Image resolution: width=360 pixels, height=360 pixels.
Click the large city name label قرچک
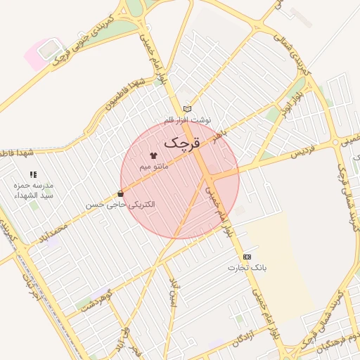pos(182,142)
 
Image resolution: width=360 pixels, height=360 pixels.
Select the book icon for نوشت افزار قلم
pos(186,109)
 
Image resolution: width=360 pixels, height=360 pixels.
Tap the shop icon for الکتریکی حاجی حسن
pos(121,193)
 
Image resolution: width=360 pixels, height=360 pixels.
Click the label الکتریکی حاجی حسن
pos(120,205)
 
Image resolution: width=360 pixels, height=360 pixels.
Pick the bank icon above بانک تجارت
pos(247,257)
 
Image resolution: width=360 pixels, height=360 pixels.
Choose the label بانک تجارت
pos(247,268)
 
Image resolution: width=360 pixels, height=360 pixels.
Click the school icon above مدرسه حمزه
pos(33,174)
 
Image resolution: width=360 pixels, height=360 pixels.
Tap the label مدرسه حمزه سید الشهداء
pos(34,190)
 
